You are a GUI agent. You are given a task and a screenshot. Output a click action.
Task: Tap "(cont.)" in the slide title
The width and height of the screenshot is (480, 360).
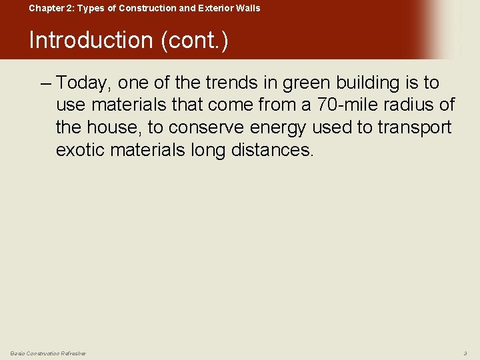point(193,40)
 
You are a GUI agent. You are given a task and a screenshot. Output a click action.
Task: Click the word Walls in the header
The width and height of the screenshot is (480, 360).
point(248,8)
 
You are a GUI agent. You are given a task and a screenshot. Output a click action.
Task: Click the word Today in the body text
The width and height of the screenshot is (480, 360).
point(84,83)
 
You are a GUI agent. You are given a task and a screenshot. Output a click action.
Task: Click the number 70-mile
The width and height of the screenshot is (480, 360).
point(346,105)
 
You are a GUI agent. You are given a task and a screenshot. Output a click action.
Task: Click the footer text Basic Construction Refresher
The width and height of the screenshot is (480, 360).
point(48,353)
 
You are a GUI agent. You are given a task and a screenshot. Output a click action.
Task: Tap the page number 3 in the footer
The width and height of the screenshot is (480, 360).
point(465,353)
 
